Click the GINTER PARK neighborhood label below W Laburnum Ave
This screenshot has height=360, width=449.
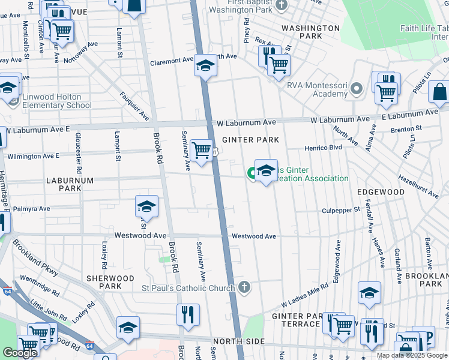tap(250, 140)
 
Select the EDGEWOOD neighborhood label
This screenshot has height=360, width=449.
tap(381, 191)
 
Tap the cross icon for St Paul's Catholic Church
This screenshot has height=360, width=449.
tap(243, 288)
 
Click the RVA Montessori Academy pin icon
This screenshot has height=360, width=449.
tap(357, 89)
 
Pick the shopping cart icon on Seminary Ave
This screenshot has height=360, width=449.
tap(202, 148)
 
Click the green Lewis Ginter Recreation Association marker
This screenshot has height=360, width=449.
tap(252, 173)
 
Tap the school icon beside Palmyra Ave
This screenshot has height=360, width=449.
tap(146, 207)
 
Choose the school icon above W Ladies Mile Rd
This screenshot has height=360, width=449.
tap(369, 293)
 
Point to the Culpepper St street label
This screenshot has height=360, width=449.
tap(340, 210)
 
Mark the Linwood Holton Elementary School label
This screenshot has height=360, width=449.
tap(57, 101)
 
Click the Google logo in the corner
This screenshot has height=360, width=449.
tap(20, 353)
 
